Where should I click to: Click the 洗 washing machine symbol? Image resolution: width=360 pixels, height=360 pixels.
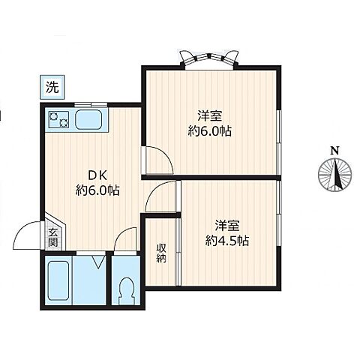pos(52,86)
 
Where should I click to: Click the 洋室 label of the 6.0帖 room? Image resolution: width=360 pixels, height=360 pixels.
pos(210,116)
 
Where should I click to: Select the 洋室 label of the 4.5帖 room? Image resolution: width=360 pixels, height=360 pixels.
pos(227,225)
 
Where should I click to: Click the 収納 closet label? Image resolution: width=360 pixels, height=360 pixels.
pos(160,253)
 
